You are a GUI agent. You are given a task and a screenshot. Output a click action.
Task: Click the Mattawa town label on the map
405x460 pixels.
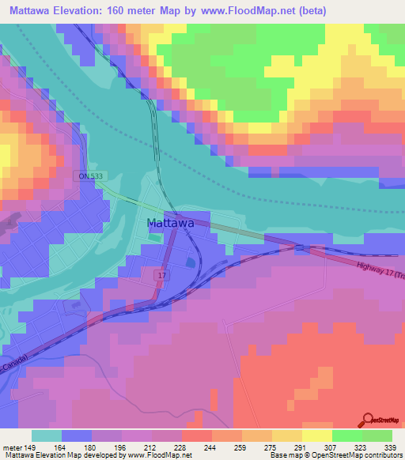pos(170,223)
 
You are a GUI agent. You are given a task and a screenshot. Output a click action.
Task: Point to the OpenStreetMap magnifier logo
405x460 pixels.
pos(366,420)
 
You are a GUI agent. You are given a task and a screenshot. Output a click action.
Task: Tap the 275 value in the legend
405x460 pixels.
pos(257,448)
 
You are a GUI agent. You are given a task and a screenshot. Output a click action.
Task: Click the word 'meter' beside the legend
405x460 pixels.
pos(12,448)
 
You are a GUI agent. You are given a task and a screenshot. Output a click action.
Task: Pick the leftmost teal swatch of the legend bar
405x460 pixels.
pos(47,435)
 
